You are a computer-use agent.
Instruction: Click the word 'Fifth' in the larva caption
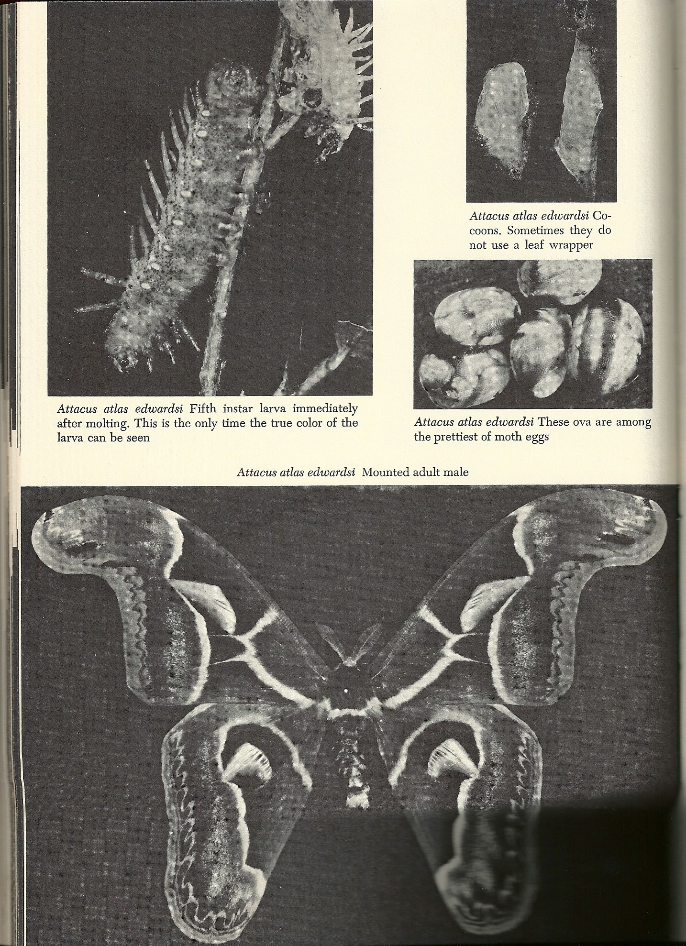pos(205,409)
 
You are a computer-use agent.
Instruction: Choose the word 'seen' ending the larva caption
pos(136,438)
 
